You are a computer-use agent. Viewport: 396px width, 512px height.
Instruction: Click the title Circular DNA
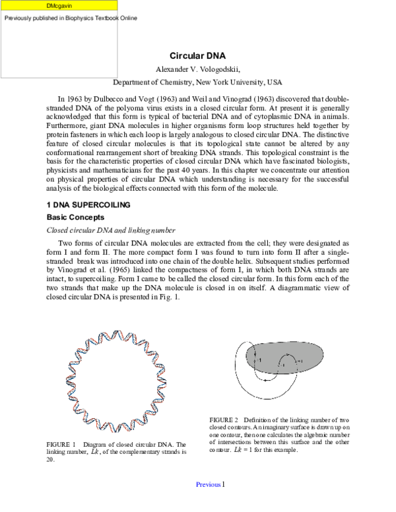point(197,56)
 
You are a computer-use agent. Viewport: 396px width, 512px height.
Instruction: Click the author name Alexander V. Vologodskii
point(197,69)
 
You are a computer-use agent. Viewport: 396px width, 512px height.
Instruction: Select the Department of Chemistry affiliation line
point(197,82)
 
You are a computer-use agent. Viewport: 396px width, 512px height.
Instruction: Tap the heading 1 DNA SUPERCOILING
point(88,205)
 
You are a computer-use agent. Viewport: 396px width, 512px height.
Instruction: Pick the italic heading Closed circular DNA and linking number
point(110,230)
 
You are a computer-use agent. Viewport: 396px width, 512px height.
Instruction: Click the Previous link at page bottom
point(208,485)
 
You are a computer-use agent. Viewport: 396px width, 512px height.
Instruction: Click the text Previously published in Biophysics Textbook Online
point(71,18)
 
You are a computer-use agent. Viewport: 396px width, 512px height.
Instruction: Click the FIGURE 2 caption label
point(224,420)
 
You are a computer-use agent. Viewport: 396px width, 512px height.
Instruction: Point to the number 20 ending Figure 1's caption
point(50,460)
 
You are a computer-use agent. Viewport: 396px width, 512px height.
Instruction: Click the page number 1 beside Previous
point(224,485)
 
